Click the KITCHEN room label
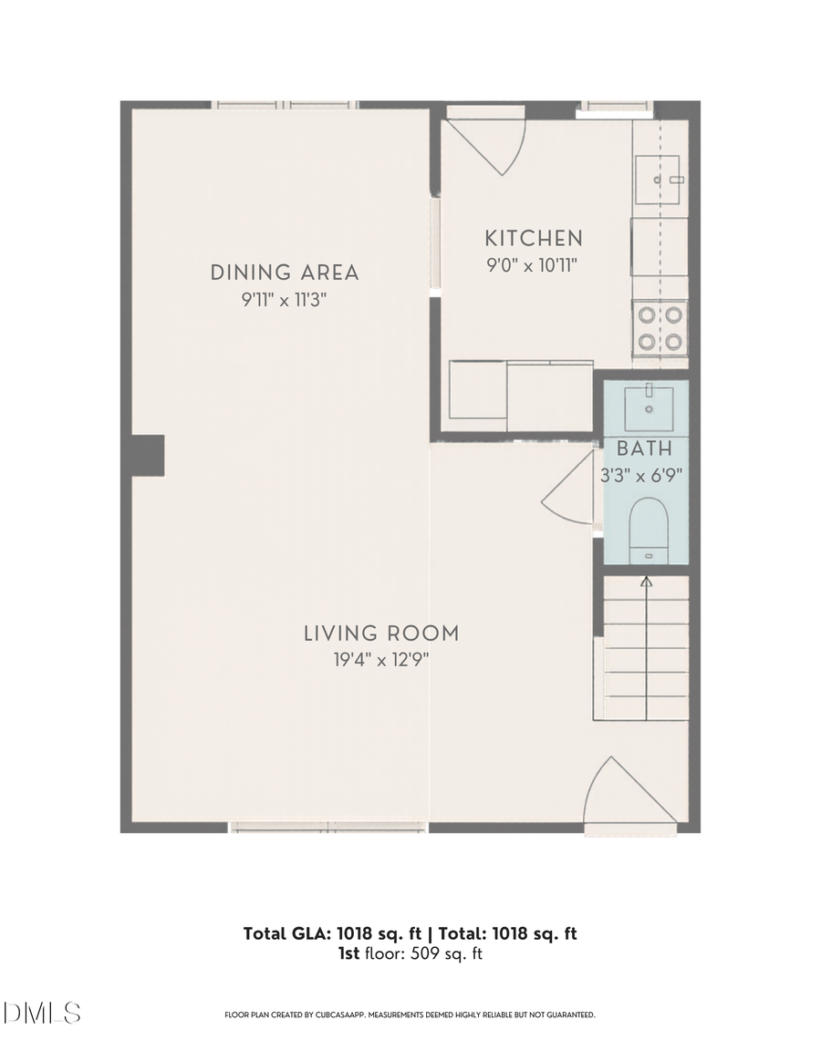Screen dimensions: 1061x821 [533, 239]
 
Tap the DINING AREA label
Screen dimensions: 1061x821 [285, 273]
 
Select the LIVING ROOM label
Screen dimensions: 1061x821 [381, 634]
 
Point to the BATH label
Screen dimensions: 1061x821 [644, 448]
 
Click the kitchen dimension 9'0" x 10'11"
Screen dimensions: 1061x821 [533, 265]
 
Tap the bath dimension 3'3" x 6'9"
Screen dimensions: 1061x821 [644, 474]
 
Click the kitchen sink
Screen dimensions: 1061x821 [660, 180]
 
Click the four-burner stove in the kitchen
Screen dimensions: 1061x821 [660, 328]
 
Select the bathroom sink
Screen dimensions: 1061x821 [649, 407]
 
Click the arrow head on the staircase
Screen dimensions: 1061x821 [647, 580]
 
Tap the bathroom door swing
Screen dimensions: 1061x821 [571, 492]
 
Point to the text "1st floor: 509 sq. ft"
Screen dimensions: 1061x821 [410, 954]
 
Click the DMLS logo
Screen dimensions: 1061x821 [42, 1013]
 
